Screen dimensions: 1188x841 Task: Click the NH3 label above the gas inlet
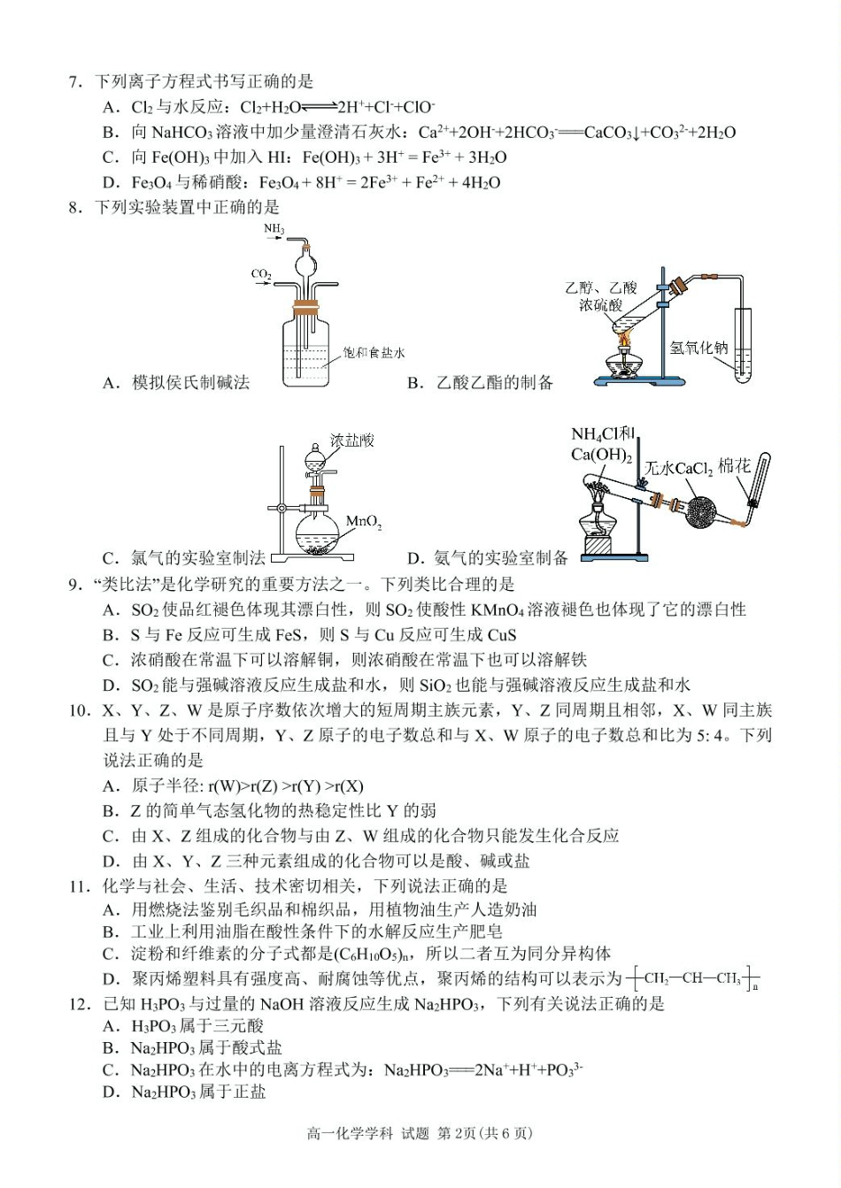pos(274,229)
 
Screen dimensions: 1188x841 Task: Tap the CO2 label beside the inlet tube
pos(261,274)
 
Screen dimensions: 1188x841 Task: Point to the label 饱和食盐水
pos(374,352)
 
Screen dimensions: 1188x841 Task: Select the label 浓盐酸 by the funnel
pos(351,440)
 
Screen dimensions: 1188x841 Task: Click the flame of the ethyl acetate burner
pos(625,339)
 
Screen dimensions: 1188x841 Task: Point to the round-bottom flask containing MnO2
pos(315,531)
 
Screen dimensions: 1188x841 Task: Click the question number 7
pos(75,82)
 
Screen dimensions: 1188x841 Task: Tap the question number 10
pos(79,710)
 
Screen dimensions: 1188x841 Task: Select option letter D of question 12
pos(111,1092)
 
